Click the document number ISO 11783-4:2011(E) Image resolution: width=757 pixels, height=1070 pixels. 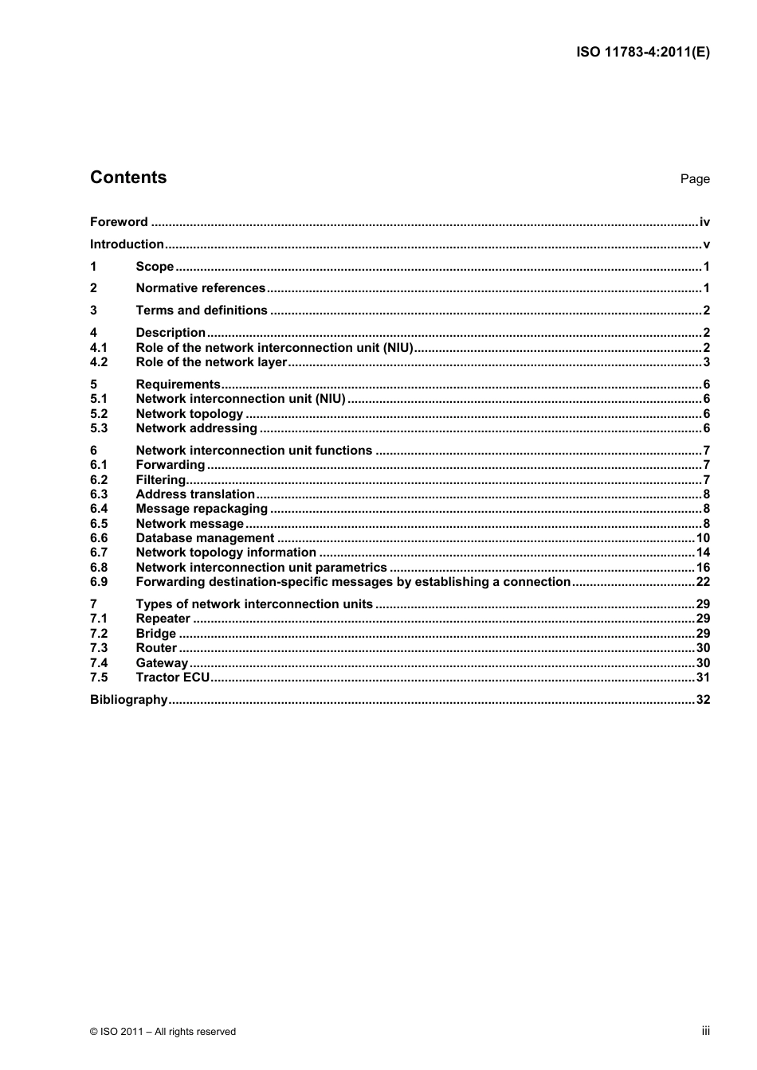click(642, 53)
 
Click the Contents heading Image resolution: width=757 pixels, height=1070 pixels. click(128, 178)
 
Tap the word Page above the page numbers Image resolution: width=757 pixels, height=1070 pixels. click(694, 179)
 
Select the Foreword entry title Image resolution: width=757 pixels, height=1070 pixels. click(119, 222)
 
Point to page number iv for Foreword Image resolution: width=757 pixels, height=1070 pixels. click(704, 222)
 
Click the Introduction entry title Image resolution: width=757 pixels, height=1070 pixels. click(127, 244)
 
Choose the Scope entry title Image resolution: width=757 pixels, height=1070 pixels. click(155, 267)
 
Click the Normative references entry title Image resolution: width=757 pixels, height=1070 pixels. click(200, 288)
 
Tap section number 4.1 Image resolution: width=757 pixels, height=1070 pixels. click(99, 348)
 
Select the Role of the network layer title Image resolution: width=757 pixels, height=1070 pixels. click(210, 362)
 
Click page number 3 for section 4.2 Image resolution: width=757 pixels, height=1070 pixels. click(706, 362)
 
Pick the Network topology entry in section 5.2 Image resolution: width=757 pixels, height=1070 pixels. click(189, 414)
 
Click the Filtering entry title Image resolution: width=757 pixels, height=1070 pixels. click(160, 480)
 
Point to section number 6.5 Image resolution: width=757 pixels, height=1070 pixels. click(99, 524)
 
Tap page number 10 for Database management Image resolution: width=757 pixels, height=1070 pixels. click(703, 538)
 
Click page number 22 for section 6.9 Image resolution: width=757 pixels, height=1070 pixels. click(703, 582)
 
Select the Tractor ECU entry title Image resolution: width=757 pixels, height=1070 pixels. click(172, 678)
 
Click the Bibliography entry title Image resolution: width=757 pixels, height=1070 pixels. click(128, 700)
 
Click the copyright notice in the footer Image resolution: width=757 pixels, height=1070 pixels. click(163, 1032)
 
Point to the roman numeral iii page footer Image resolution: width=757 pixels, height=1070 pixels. click(705, 1031)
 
